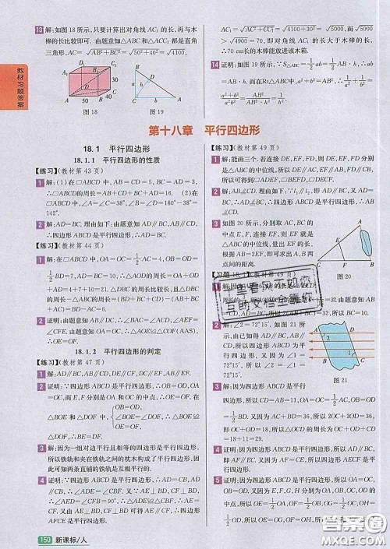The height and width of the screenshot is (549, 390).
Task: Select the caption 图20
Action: click(343, 276)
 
